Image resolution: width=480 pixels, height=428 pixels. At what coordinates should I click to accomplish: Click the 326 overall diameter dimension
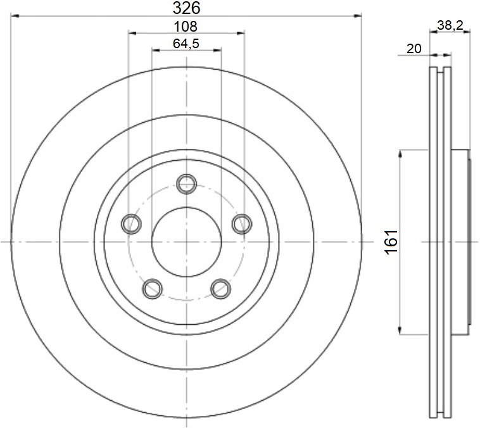186,8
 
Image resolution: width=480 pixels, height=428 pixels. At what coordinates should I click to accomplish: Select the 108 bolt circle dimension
186,27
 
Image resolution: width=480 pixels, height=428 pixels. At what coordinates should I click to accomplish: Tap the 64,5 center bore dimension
186,44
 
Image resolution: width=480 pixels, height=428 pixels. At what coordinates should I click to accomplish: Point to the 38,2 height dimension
450,25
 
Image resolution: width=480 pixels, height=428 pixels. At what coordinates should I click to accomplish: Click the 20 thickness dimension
414,49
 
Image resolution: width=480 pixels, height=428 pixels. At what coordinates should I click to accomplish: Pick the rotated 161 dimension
391,242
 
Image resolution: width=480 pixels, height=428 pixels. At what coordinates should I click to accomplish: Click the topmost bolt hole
186,184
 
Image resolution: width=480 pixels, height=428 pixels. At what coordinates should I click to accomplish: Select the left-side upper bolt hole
131,223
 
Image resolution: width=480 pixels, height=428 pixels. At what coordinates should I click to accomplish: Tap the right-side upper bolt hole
242,223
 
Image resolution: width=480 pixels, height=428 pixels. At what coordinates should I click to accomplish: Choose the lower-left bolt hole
153,289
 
